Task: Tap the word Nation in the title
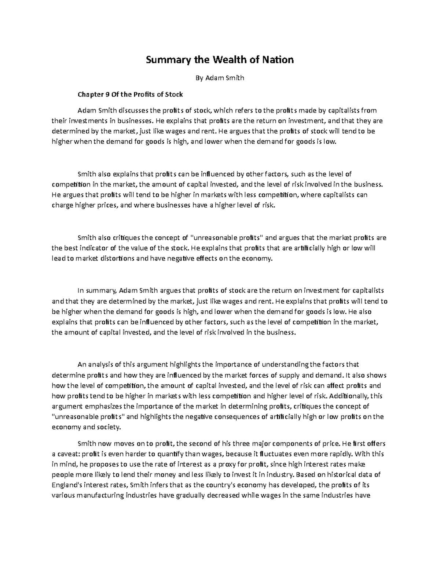pyautogui.click(x=277, y=60)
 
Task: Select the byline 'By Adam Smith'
pyautogui.click(x=220, y=78)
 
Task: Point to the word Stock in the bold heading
pyautogui.click(x=173, y=95)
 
